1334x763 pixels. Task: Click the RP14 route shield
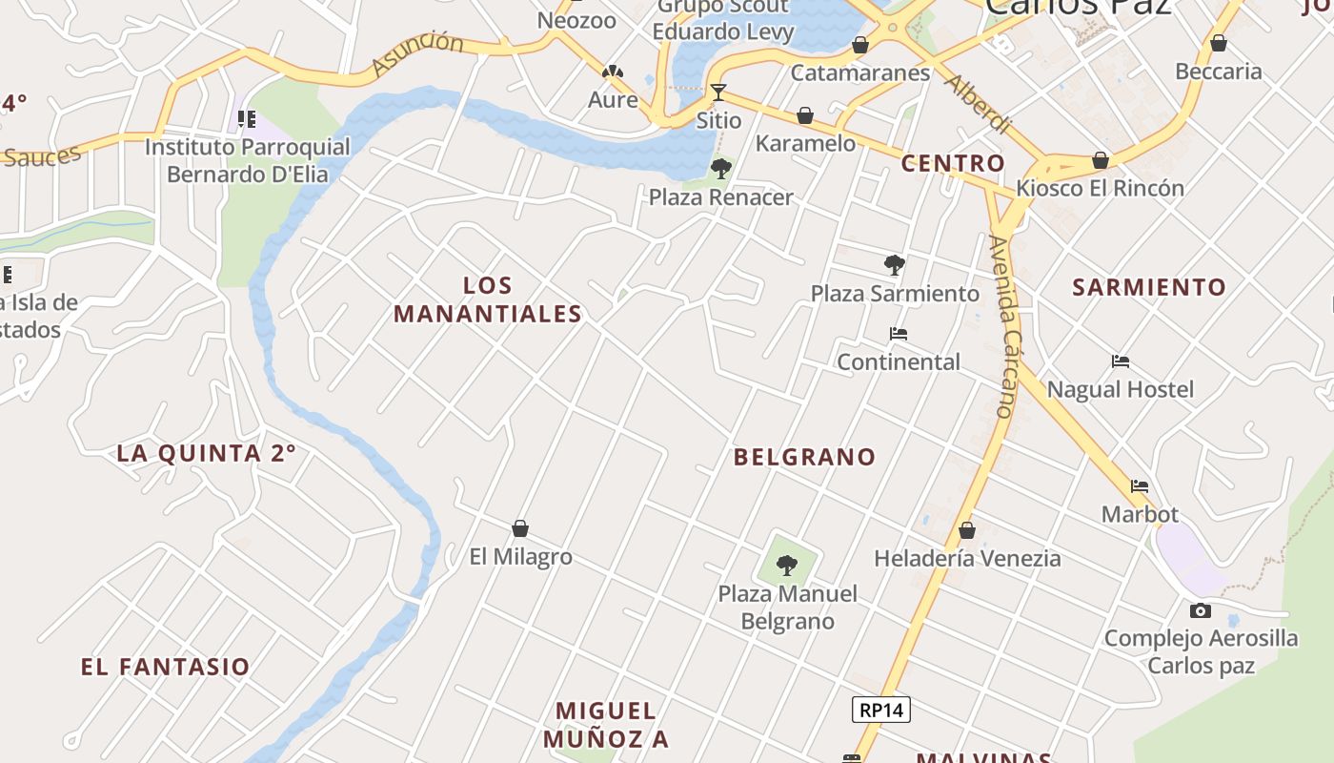pyautogui.click(x=881, y=710)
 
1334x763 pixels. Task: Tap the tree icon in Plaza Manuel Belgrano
pyautogui.click(x=787, y=566)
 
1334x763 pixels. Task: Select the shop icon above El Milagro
pyautogui.click(x=520, y=528)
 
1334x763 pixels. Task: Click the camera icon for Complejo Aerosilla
pyautogui.click(x=1201, y=610)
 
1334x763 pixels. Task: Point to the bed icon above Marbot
pyautogui.click(x=1139, y=485)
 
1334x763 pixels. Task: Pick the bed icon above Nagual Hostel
pyautogui.click(x=1121, y=361)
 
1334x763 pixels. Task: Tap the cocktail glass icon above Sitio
pyautogui.click(x=718, y=93)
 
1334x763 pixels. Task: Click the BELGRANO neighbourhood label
pyautogui.click(x=805, y=457)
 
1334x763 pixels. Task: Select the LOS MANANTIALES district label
pyautogui.click(x=488, y=299)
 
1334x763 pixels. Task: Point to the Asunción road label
pyautogui.click(x=416, y=53)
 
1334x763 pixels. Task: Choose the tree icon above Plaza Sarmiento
pyautogui.click(x=894, y=264)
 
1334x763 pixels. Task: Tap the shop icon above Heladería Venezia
pyautogui.click(x=967, y=530)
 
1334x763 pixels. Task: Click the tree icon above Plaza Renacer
pyautogui.click(x=721, y=169)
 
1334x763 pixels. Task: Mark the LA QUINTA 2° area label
pyautogui.click(x=207, y=453)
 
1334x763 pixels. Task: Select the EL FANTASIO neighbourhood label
pyautogui.click(x=166, y=667)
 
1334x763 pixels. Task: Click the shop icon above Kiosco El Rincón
pyautogui.click(x=1101, y=160)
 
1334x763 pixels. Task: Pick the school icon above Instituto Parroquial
pyautogui.click(x=247, y=119)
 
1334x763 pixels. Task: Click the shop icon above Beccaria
pyautogui.click(x=1218, y=43)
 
